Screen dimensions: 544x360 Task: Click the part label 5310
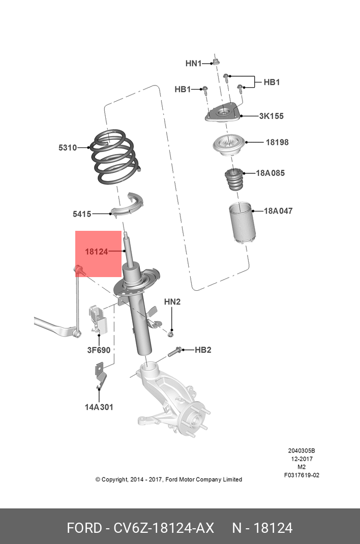tap(67, 148)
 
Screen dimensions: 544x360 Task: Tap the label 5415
tap(82, 214)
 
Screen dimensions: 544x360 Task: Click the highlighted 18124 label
tap(97, 252)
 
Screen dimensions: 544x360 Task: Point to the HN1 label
tap(193, 64)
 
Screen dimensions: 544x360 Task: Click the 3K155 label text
tap(271, 116)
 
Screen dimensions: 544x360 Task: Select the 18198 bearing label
tap(277, 142)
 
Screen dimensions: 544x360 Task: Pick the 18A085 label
tap(270, 173)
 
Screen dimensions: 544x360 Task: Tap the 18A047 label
tap(278, 210)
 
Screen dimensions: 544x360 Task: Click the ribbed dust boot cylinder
tap(241, 222)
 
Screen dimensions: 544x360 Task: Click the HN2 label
tap(172, 301)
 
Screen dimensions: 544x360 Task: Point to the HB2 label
tap(203, 350)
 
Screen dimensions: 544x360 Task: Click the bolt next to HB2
tap(175, 350)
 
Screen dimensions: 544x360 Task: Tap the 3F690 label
tap(99, 350)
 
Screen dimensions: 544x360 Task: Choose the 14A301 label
tap(99, 407)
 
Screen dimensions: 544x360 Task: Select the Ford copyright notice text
tap(168, 479)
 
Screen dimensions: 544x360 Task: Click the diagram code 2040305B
tap(302, 450)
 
